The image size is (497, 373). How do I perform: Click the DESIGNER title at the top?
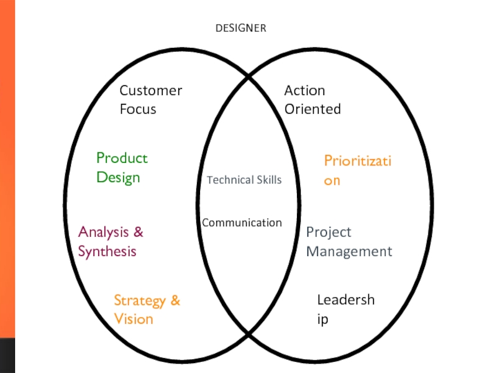coord(240,29)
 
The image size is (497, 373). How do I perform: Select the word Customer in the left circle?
coord(151,91)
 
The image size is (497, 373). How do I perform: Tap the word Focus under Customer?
coord(138,109)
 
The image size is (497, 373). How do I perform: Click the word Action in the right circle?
coord(304,91)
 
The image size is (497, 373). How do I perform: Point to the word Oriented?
coord(312,109)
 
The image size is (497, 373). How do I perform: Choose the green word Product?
coord(122,159)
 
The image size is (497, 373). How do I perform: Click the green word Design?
coord(118,178)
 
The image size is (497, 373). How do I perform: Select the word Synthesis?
coord(107,252)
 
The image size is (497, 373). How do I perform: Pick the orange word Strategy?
coord(140,301)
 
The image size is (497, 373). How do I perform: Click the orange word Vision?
coord(134,320)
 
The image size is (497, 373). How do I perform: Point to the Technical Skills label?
coord(244,180)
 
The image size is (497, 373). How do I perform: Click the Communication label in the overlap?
coord(242,223)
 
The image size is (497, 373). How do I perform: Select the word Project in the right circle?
coord(329,233)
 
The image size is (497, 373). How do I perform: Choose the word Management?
coord(349,252)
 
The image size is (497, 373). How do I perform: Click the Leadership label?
coord(345,310)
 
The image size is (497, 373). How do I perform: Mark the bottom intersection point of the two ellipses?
coord(249,333)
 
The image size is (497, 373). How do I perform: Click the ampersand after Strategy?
coord(175,301)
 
